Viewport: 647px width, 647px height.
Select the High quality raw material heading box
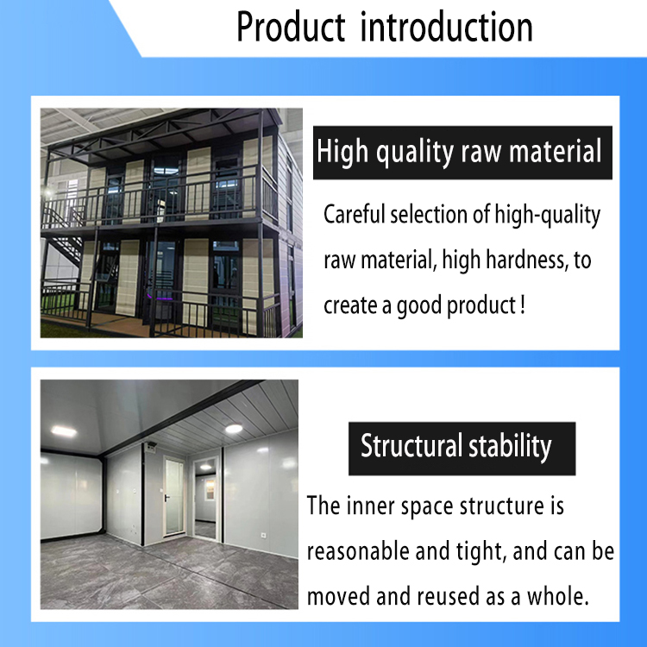coord(458,153)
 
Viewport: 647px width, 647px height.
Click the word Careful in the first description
coord(354,215)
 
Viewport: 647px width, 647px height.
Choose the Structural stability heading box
coord(455,447)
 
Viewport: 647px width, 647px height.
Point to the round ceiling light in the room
coord(233,430)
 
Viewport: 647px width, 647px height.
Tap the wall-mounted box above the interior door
coord(149,447)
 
